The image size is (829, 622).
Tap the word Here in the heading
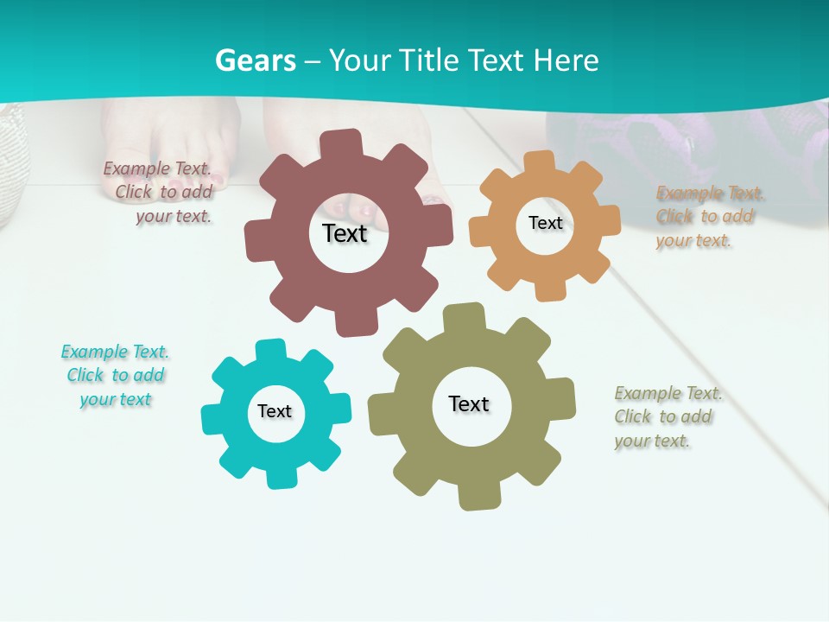click(566, 60)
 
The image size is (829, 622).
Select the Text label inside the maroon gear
click(345, 233)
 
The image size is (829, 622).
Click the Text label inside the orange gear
click(545, 223)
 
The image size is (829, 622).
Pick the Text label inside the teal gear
click(275, 411)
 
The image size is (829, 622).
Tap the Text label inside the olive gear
click(469, 403)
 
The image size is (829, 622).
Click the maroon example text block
click(161, 193)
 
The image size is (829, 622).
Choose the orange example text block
click(708, 217)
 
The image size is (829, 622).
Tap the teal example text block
click(115, 375)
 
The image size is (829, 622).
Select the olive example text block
click(667, 417)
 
